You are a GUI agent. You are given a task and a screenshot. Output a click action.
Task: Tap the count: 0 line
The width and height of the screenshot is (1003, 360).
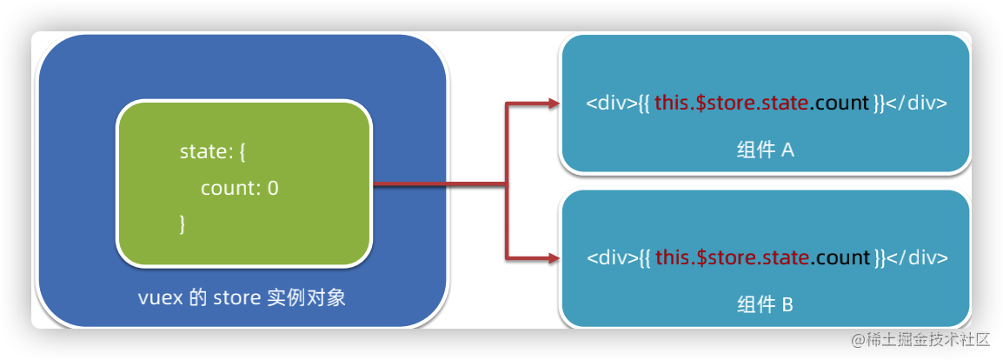click(x=239, y=188)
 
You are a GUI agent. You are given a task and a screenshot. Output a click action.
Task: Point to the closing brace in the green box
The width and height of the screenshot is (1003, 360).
click(x=183, y=223)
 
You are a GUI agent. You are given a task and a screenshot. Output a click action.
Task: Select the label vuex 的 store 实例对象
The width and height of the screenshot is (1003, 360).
click(x=242, y=297)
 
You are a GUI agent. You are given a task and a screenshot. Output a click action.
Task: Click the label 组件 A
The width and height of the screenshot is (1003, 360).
click(x=765, y=150)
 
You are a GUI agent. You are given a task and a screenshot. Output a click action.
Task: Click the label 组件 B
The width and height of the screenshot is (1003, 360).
click(x=765, y=305)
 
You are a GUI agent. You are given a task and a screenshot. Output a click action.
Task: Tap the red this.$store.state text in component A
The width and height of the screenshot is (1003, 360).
click(x=733, y=103)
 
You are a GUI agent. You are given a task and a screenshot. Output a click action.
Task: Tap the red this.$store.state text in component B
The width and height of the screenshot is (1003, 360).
click(x=733, y=258)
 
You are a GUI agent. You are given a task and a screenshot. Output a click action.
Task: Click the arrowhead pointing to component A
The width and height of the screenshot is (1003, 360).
click(x=554, y=103)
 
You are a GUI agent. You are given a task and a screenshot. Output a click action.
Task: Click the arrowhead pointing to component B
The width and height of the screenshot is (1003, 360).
click(x=554, y=258)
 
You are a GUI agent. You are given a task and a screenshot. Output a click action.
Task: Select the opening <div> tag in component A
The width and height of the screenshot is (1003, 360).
click(x=607, y=103)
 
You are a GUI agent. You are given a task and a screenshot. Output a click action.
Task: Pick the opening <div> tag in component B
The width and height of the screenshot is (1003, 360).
click(x=607, y=258)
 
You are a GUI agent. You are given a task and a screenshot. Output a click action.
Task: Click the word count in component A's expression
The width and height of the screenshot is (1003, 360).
click(x=843, y=103)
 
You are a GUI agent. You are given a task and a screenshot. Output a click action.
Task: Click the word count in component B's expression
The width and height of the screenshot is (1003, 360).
click(x=843, y=258)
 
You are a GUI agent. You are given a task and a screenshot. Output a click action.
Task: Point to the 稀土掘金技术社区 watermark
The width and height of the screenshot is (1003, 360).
click(x=920, y=337)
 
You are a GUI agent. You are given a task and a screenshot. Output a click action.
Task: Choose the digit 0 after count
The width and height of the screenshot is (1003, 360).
click(x=273, y=188)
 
